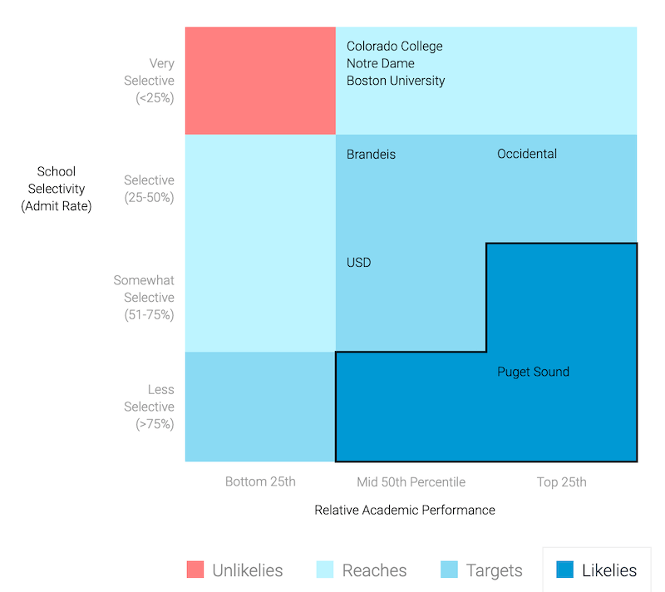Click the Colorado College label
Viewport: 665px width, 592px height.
coord(394,47)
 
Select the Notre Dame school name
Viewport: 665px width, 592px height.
coord(380,64)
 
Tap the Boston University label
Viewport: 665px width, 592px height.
coord(396,81)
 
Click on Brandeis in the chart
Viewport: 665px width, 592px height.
coord(371,155)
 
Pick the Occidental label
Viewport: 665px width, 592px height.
coord(526,155)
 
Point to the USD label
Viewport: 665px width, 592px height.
coord(358,263)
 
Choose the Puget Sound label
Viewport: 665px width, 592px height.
coord(533,372)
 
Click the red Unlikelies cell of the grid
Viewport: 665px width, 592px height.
coord(260,81)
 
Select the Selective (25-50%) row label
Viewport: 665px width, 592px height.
coord(149,189)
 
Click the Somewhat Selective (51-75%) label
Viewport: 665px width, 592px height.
coord(144,298)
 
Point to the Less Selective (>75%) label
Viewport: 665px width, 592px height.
coord(150,407)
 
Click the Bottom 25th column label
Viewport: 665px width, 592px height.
coord(260,482)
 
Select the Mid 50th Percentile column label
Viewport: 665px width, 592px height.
coord(411,482)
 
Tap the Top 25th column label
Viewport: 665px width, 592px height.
coord(561,482)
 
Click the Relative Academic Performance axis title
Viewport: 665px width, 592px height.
coord(404,511)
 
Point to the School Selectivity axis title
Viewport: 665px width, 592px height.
coord(57,189)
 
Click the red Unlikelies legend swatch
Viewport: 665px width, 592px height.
coord(195,570)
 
